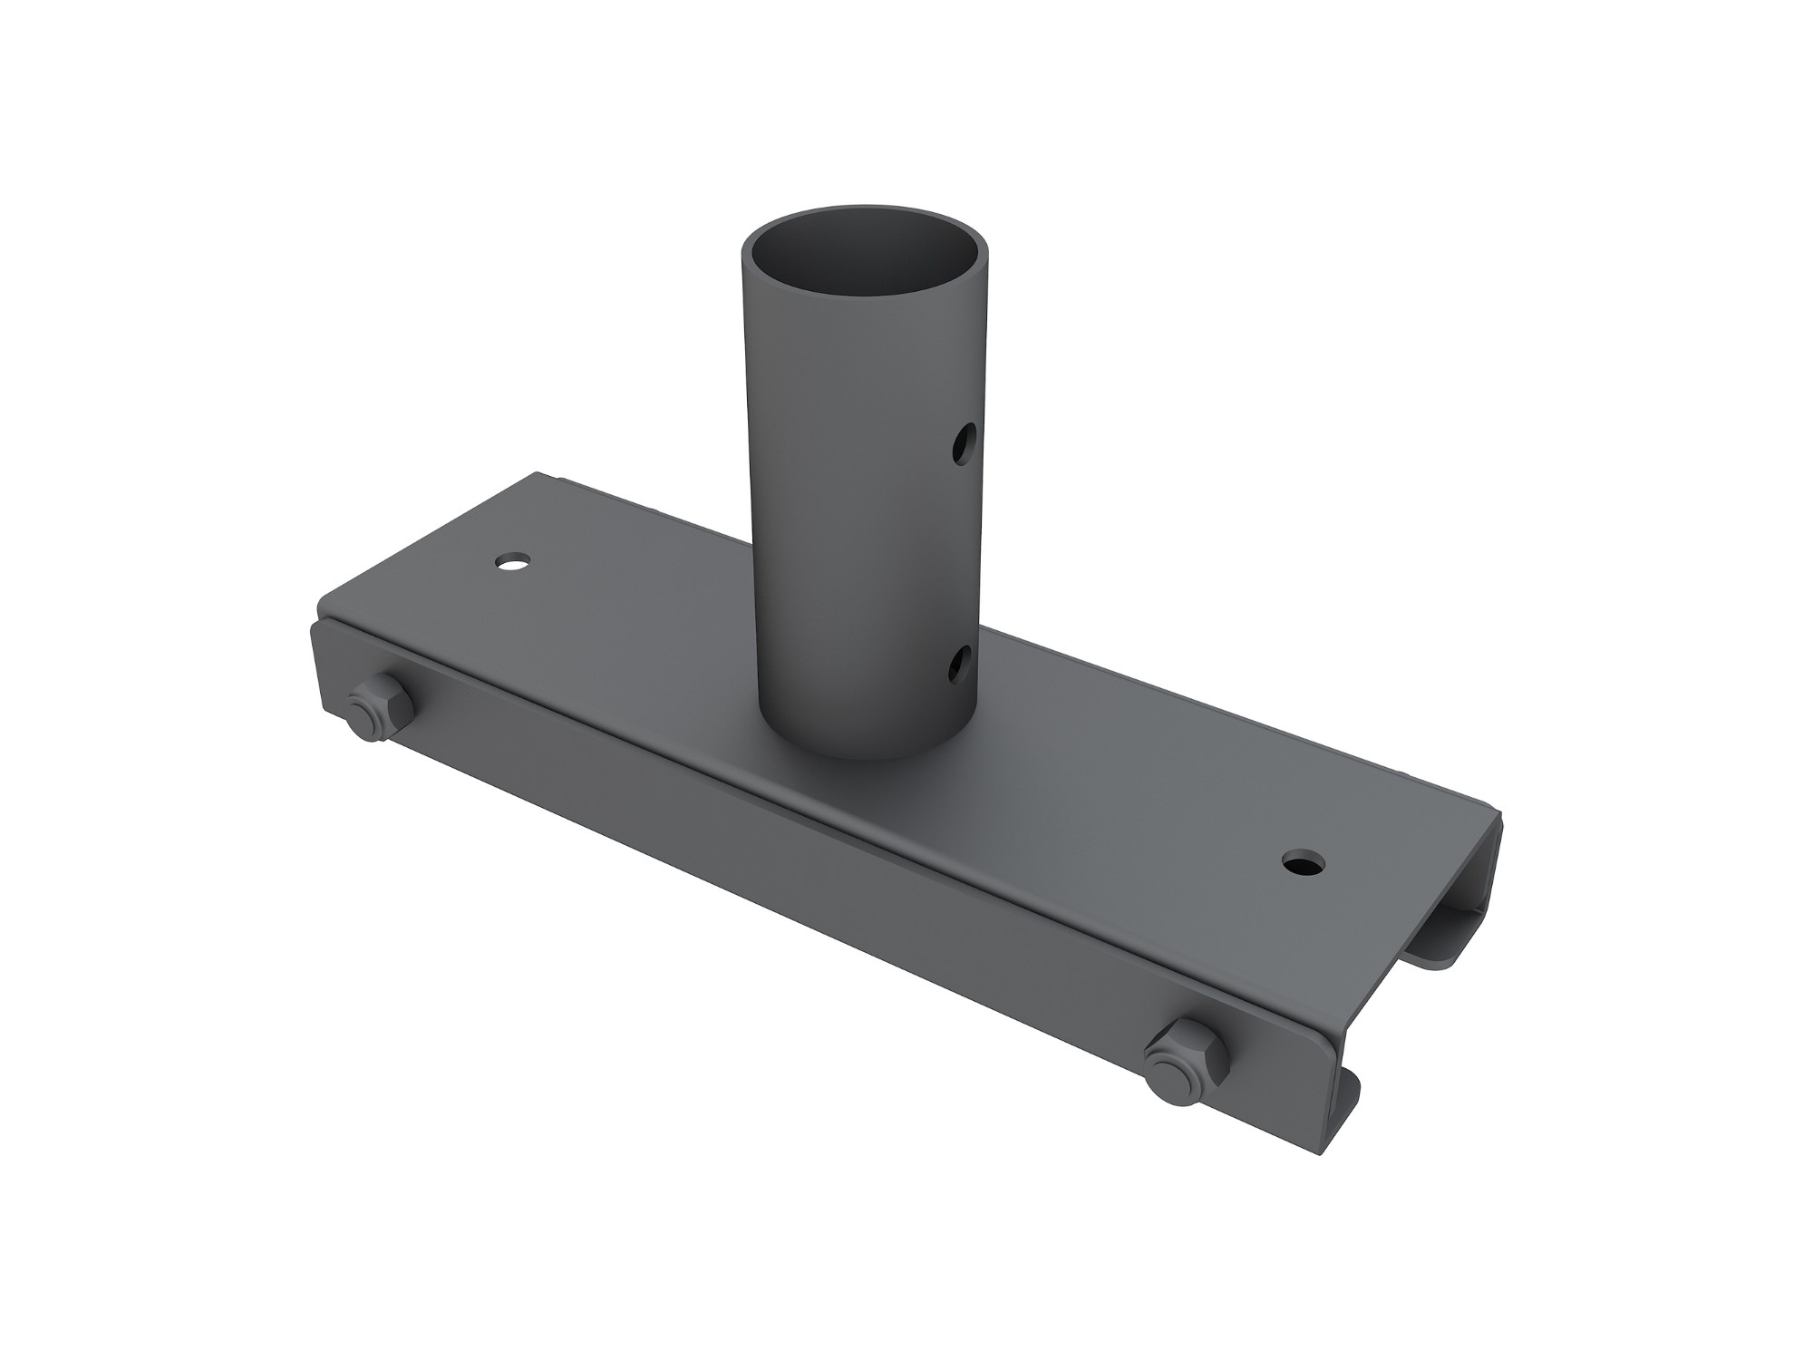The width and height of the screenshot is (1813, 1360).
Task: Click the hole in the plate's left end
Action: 514,563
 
